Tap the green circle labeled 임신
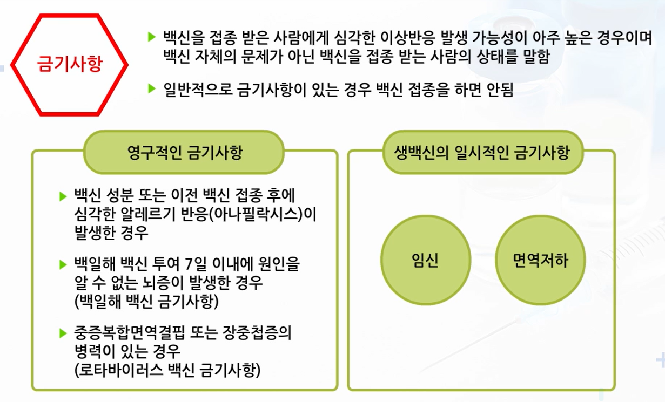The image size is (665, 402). pos(425,261)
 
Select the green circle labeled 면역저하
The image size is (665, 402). pos(540,261)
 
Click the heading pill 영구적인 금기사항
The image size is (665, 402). pos(184,152)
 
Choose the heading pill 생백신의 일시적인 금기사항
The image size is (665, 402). pos(483,152)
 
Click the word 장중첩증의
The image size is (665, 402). pos(257,333)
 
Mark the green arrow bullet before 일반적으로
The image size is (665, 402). pos(152,88)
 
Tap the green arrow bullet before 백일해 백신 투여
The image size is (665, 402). pos(63,264)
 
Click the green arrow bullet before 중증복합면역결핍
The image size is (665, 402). pos(63,333)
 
